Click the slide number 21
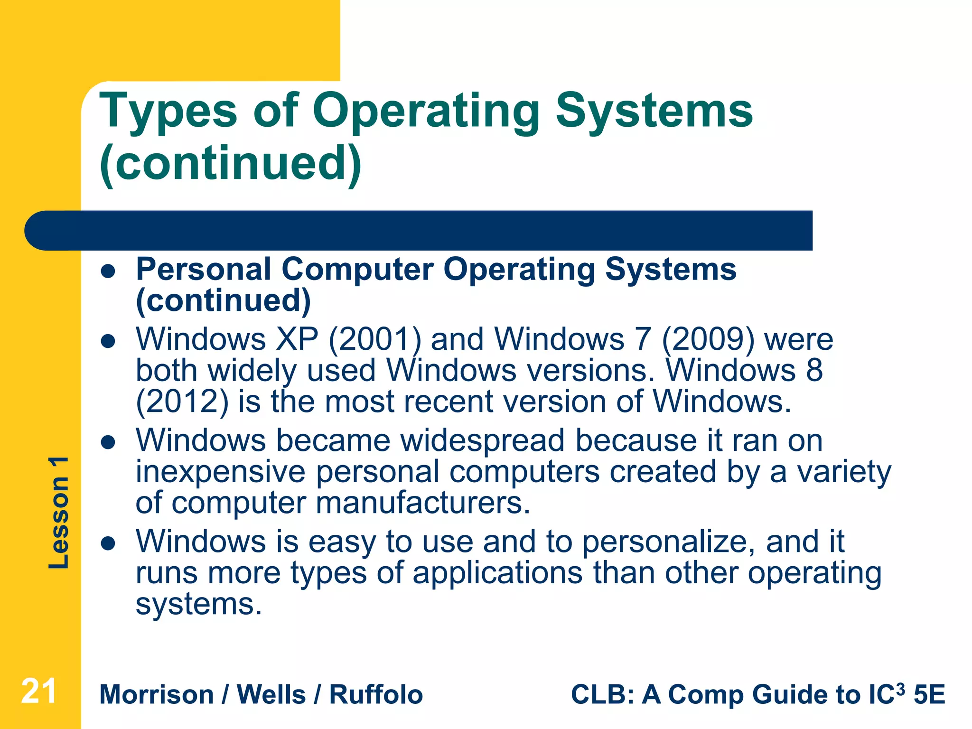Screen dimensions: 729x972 pos(39,692)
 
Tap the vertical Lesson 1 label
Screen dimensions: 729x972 pos(59,513)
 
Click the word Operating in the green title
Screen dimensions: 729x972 pos(426,112)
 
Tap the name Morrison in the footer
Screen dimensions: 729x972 pos(157,695)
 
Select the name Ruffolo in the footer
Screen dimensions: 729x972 pos(376,695)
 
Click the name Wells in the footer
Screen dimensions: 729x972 pos(271,695)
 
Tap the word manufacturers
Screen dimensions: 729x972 pos(422,503)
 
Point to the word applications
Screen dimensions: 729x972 pos(497,573)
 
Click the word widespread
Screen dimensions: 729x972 pos(483,441)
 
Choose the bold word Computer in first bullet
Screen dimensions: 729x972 pos(357,270)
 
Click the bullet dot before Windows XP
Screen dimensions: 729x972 pos(109,341)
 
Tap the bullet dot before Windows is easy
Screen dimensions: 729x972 pos(109,543)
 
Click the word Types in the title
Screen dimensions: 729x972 pos(168,112)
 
